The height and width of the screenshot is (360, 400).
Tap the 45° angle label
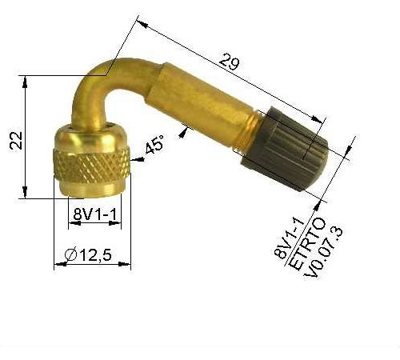tap(154, 146)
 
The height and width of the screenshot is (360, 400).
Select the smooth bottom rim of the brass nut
tap(90, 190)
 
